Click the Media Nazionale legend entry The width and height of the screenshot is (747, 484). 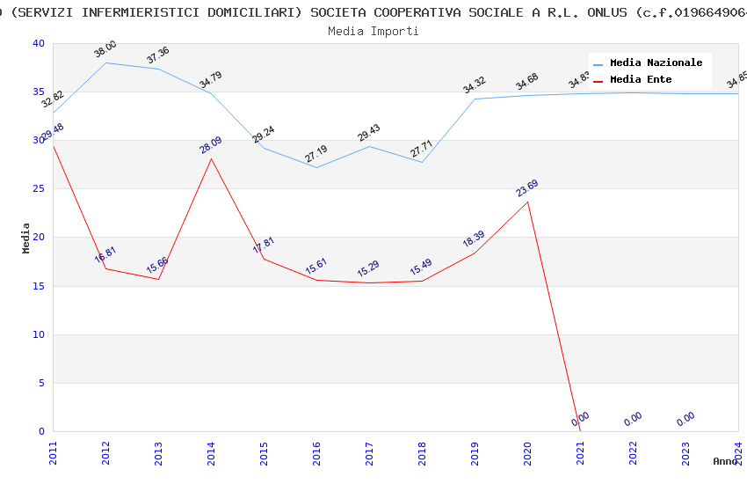tap(656, 63)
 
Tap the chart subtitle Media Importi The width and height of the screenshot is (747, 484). tap(373, 31)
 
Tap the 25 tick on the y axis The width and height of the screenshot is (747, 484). tap(38, 189)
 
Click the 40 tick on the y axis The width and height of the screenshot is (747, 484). tap(38, 44)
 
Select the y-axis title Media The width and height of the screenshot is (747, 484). tap(26, 238)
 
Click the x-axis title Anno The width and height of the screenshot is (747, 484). tap(725, 461)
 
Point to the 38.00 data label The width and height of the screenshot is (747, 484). tap(105, 49)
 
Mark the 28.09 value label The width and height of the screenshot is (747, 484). tap(211, 144)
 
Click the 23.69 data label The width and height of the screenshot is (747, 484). tap(527, 188)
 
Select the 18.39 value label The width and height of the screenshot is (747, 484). tap(474, 238)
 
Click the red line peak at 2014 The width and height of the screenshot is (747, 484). tap(211, 158)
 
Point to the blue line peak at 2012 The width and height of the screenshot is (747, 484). tap(105, 62)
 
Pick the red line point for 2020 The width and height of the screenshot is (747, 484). tap(527, 202)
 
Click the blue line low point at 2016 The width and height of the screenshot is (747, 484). tap(316, 167)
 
